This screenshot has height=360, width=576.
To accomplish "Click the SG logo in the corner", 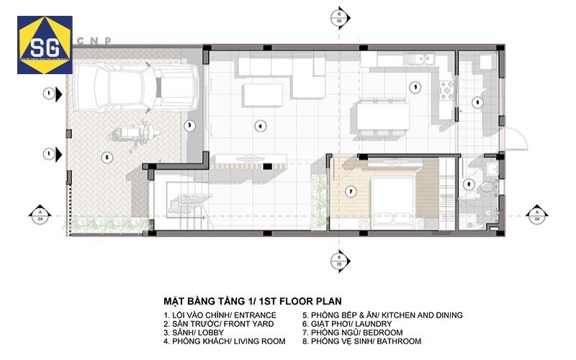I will [45, 45].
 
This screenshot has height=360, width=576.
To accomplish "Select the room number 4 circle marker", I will [261, 126].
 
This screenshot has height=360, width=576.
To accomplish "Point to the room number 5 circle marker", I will [415, 86].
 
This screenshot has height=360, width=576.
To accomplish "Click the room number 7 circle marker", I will [351, 192].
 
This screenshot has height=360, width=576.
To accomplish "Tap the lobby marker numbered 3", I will [189, 125].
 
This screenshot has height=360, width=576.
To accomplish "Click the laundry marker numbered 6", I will [477, 102].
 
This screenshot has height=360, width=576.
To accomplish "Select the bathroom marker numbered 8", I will [469, 184].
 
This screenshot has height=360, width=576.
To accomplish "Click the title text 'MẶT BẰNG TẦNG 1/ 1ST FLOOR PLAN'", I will [252, 301].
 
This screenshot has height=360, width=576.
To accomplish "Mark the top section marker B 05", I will [338, 18].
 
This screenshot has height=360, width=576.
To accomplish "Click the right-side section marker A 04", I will [535, 214].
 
